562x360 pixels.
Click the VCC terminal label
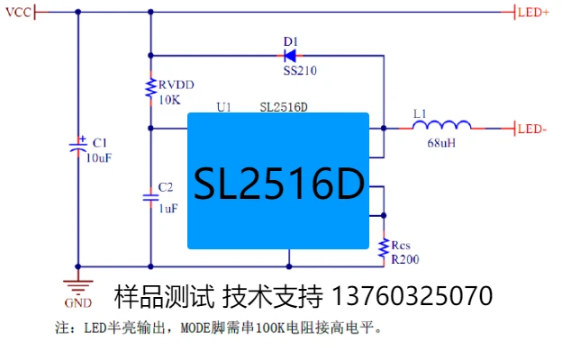click(x=18, y=12)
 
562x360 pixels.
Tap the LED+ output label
click(x=533, y=12)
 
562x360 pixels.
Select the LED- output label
click(x=532, y=129)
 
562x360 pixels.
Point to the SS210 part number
click(x=300, y=70)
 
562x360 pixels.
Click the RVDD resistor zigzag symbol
click(x=150, y=87)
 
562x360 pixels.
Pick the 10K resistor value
click(x=169, y=100)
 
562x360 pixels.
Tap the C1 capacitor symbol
click(x=77, y=145)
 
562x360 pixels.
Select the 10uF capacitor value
click(x=99, y=157)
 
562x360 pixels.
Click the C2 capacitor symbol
click(x=150, y=195)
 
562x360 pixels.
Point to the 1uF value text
click(x=168, y=208)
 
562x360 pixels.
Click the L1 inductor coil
click(x=443, y=126)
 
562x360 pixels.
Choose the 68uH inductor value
click(x=441, y=143)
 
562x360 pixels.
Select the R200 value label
click(x=404, y=259)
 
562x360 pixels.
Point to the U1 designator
click(x=224, y=106)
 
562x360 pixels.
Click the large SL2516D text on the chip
click(x=278, y=184)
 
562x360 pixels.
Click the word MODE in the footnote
click(x=198, y=328)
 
